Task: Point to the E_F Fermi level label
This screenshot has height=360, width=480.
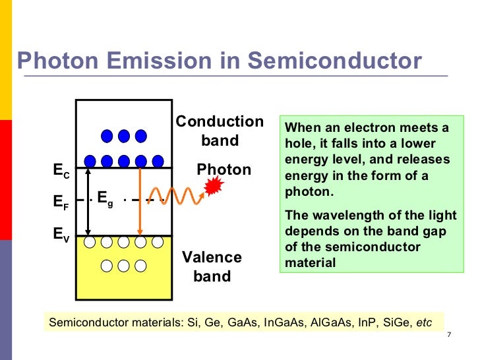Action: (61, 204)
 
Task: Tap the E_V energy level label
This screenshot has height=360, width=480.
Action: (61, 234)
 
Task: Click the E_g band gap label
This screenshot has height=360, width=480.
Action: (105, 198)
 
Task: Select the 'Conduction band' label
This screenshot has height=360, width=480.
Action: (220, 131)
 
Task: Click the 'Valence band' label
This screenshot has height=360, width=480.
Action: (212, 266)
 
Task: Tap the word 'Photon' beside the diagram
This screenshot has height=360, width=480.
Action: (224, 169)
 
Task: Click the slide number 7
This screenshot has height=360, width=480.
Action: (448, 338)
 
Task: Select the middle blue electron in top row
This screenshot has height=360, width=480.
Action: (124, 136)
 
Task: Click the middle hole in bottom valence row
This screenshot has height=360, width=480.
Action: (124, 266)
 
